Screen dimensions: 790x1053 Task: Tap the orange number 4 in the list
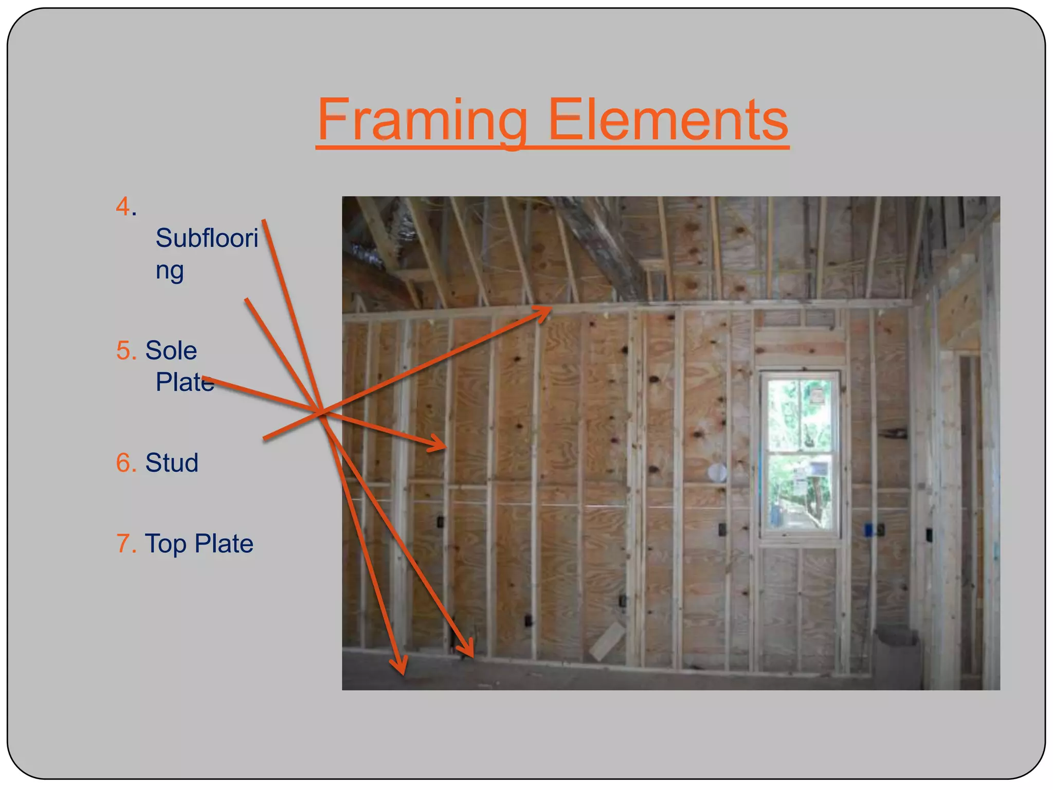coord(123,207)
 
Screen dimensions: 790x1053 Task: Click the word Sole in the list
coord(171,351)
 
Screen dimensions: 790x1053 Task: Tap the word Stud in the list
coord(171,463)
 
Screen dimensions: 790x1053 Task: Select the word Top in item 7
coord(166,544)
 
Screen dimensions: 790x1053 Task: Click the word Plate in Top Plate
coord(224,544)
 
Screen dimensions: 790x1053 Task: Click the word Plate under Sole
coord(185,382)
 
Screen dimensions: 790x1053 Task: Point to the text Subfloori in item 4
coord(207,238)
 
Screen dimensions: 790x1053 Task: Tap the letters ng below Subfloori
coord(169,271)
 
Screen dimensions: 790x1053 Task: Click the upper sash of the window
coord(800,414)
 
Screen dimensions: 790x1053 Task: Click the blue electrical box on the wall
coord(868,529)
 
